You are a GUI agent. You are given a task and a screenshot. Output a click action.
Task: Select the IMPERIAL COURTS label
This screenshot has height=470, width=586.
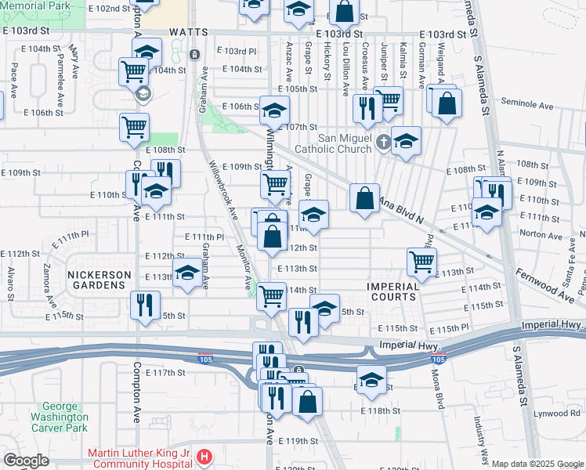(393, 291)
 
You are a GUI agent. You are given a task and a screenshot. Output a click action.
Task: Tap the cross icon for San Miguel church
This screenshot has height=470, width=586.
(382, 143)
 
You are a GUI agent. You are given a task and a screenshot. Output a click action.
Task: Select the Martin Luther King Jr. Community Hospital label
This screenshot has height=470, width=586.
(141, 457)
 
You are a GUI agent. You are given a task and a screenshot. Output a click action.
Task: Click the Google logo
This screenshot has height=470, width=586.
(26, 461)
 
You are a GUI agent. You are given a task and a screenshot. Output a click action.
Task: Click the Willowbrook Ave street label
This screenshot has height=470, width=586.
(222, 191)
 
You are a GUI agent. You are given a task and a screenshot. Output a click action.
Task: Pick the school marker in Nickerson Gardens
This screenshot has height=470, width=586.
(186, 273)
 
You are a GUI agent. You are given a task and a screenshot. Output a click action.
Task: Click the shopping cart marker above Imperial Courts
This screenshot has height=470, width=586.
(421, 261)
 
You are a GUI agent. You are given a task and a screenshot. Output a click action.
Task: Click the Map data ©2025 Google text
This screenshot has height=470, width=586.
(537, 464)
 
